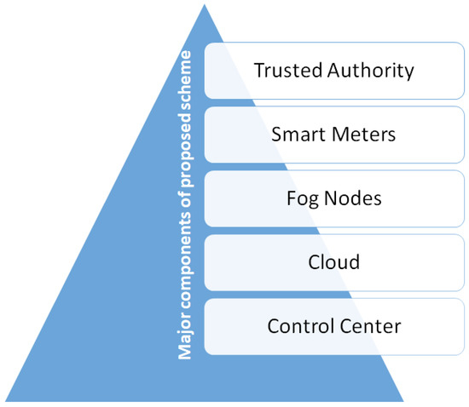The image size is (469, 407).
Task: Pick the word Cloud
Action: [x=333, y=261]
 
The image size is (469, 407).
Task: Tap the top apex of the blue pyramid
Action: [x=205, y=7]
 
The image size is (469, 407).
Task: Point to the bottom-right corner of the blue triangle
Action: [x=402, y=400]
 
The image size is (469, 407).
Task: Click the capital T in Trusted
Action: [x=259, y=69]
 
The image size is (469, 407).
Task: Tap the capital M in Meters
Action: [x=333, y=133]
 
